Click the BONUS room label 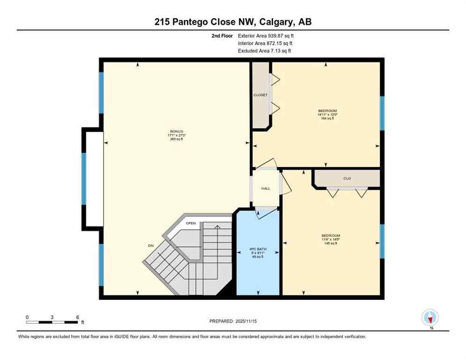pos(176,131)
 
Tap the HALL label pos(266,188)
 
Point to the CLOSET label pos(261,95)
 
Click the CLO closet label pos(347,178)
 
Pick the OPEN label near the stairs pos(190,224)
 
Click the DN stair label pos(150,245)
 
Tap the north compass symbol pos(430,318)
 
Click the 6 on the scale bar pos(77,317)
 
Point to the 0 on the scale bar pos(27,317)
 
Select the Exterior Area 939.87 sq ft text pos(266,36)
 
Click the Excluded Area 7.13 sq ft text pos(264,51)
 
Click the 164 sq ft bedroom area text pos(327,118)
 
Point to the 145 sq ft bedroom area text pos(331,243)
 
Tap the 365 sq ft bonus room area pos(176,139)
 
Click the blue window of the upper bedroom pos(382,113)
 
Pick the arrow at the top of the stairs pos(217,227)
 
